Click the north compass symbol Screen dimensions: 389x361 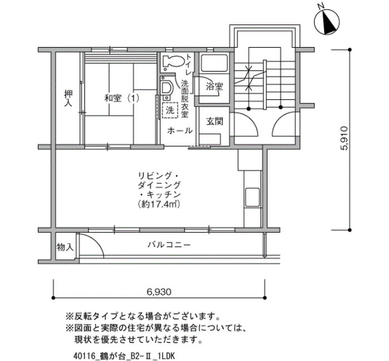tap(327, 22)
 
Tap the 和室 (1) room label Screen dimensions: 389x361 tap(122, 98)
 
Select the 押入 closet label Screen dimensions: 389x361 tap(68, 98)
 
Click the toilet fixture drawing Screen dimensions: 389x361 tap(173, 62)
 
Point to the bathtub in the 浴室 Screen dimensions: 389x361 tap(214, 63)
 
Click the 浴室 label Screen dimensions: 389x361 tap(215, 87)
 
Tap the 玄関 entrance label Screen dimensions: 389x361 tap(215, 122)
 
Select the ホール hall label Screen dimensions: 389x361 tap(180, 131)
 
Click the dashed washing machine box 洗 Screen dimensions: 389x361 tap(170, 110)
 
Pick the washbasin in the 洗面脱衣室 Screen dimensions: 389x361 tap(166, 88)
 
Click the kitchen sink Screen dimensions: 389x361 tap(252, 197)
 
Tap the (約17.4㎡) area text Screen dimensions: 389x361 tap(159, 204)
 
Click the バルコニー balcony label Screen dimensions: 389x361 tap(169, 245)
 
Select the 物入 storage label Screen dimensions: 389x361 tap(65, 247)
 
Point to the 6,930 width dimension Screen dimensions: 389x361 tap(159, 292)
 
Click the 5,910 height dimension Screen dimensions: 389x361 tap(345, 138)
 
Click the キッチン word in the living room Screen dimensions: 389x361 tap(163, 194)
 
